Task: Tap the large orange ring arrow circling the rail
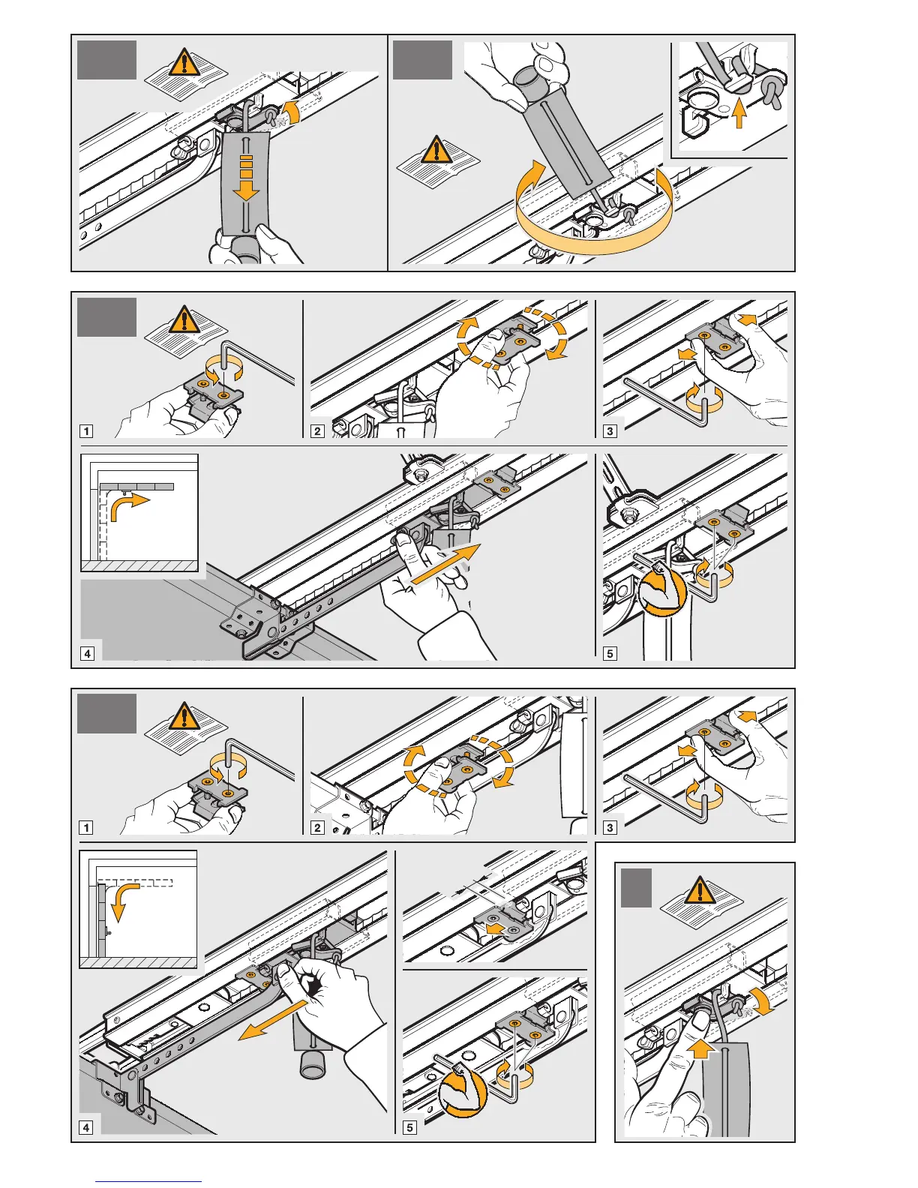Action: point(592,232)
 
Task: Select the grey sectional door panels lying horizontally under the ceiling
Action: point(136,487)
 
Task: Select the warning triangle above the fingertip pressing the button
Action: point(700,891)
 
